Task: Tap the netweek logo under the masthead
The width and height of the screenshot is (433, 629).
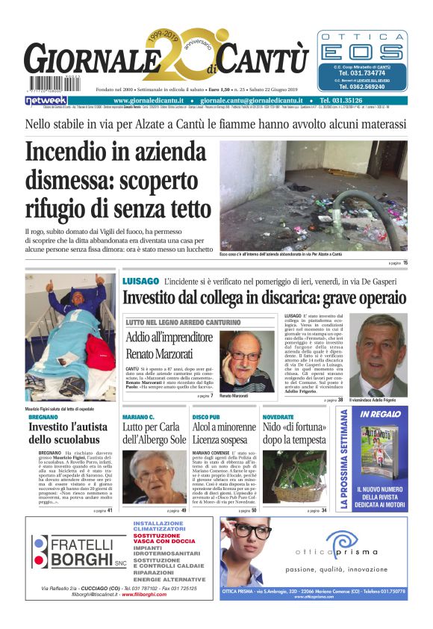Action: [x=46, y=100]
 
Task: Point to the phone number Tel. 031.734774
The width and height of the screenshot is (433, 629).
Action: [x=363, y=73]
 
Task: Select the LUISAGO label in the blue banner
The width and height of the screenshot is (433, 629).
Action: [x=141, y=281]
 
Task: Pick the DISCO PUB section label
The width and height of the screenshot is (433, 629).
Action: [x=206, y=415]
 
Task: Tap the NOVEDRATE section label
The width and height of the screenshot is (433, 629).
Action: [x=278, y=415]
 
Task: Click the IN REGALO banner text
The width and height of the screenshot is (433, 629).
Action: [x=380, y=414]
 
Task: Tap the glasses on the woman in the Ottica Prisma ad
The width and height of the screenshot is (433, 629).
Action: [x=253, y=533]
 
